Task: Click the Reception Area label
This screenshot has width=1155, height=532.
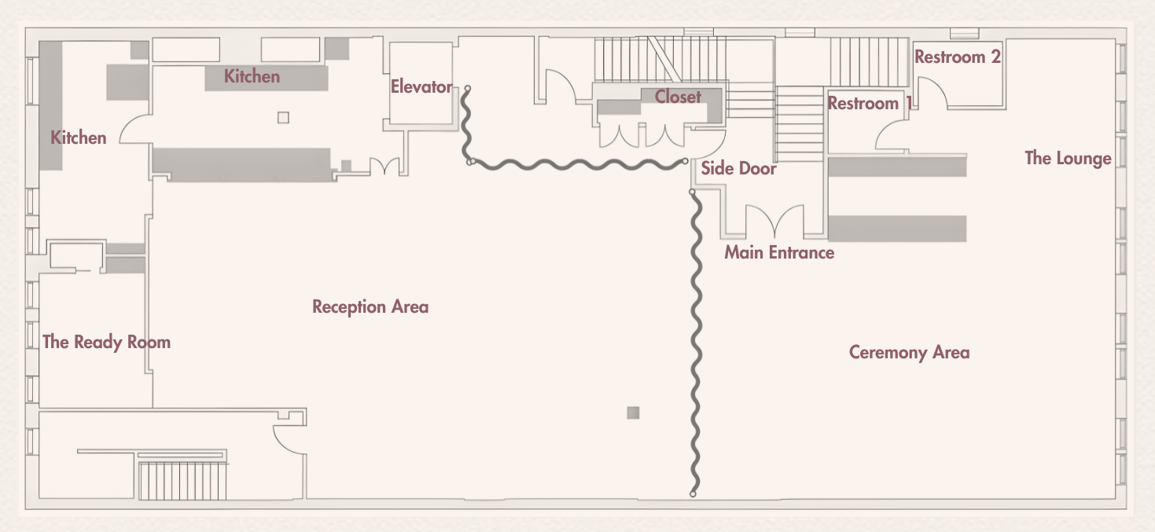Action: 370,306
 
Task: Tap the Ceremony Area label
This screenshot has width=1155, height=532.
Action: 909,352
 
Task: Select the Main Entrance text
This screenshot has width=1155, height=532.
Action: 778,252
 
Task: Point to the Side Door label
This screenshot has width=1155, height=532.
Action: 738,168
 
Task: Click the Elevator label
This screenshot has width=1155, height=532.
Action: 421,86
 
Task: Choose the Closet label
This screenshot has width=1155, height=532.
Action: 678,97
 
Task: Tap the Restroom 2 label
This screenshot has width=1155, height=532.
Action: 958,57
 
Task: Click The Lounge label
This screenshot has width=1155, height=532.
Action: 1068,158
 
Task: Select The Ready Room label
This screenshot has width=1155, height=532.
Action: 106,342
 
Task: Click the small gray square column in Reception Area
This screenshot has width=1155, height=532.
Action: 633,413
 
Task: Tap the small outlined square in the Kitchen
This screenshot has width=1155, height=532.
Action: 284,118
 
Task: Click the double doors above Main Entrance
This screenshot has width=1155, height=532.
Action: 775,221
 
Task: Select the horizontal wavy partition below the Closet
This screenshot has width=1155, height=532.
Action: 578,164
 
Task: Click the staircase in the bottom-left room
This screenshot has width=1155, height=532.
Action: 182,479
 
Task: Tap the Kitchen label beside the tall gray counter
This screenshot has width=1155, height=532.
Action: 78,138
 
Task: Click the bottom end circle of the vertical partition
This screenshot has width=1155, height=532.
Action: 693,494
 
